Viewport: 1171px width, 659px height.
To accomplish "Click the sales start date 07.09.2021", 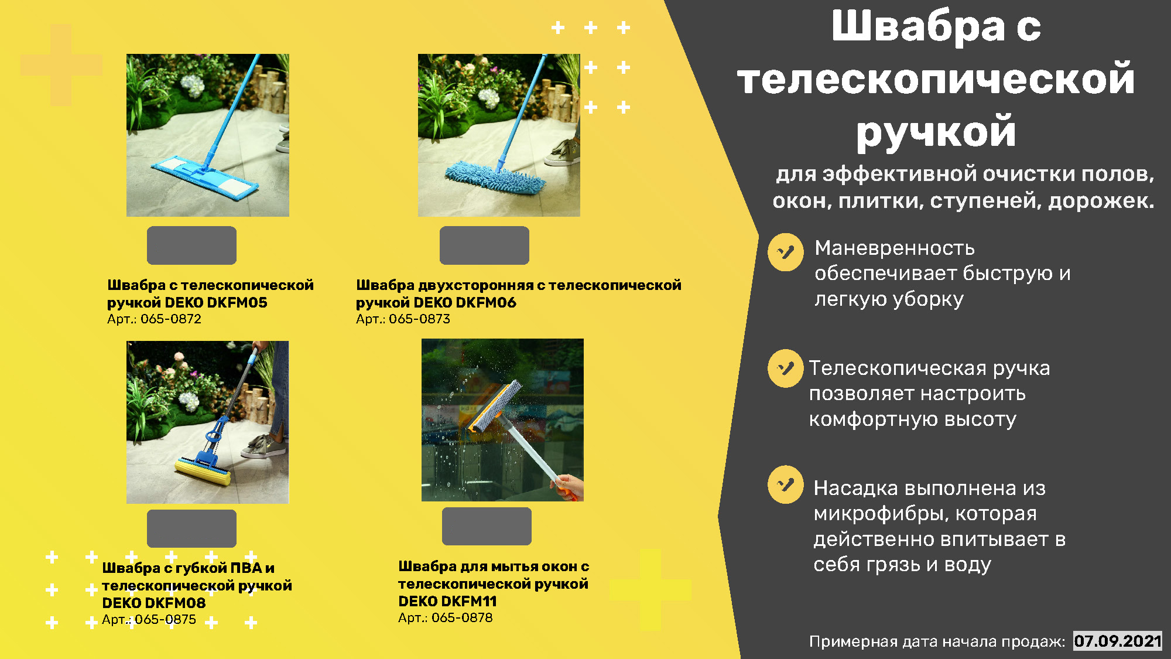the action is [x=1118, y=641].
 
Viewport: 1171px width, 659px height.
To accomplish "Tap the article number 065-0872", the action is [x=171, y=319].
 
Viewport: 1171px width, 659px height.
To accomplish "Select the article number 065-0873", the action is [x=420, y=319].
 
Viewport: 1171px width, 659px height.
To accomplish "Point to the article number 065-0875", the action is [x=166, y=620].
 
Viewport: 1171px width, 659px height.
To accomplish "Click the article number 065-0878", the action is [x=462, y=618].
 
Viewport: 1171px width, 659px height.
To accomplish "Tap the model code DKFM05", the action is [x=237, y=303].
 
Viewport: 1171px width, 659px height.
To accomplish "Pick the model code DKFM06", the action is [x=486, y=303].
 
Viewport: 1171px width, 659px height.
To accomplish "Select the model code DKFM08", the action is [x=176, y=603].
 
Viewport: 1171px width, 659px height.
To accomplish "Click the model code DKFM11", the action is [x=468, y=602].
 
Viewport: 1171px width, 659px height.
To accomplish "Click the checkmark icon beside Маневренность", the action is [x=786, y=252].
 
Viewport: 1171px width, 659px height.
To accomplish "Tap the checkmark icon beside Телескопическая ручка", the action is [x=786, y=368].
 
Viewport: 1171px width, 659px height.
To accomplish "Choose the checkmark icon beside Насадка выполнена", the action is [x=786, y=484].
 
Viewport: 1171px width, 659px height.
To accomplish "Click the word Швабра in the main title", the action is [x=918, y=26].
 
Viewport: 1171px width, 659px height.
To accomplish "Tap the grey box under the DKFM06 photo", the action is [x=484, y=245].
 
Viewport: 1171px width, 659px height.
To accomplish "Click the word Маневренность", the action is [x=895, y=248].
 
